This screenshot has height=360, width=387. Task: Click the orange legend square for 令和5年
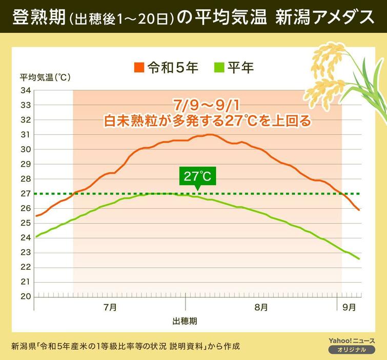[x=139, y=67]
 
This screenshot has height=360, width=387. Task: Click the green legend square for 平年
[x=219, y=67]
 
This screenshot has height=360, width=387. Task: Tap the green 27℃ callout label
[x=197, y=177]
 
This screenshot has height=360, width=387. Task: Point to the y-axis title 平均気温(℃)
[x=45, y=77]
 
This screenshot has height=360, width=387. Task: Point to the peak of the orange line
[x=209, y=134]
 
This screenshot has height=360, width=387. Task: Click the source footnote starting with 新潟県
[x=125, y=345]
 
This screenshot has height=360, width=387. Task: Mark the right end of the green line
[x=358, y=259]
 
